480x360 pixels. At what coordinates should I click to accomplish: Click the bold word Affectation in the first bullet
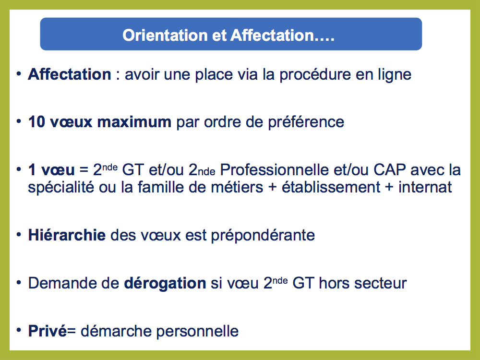pyautogui.click(x=70, y=74)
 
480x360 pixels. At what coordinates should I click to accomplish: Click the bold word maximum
pyautogui.click(x=134, y=122)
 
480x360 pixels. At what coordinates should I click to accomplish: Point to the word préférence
pyautogui.click(x=306, y=122)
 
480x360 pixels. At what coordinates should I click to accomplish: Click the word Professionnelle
pyautogui.click(x=274, y=169)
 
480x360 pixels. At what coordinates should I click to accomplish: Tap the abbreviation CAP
pyautogui.click(x=390, y=169)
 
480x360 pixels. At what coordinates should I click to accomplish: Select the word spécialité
pyautogui.click(x=61, y=188)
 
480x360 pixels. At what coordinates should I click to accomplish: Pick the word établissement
pyautogui.click(x=331, y=187)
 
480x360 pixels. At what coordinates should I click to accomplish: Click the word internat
pyautogui.click(x=425, y=187)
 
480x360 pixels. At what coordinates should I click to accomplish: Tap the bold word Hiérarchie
pyautogui.click(x=67, y=235)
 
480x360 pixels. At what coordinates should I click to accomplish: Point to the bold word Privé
pyautogui.click(x=48, y=331)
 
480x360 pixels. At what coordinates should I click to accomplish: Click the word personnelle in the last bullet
pyautogui.click(x=197, y=332)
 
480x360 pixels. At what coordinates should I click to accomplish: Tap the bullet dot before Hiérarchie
pyautogui.click(x=19, y=235)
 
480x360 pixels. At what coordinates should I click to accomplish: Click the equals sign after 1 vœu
pyautogui.click(x=84, y=170)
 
